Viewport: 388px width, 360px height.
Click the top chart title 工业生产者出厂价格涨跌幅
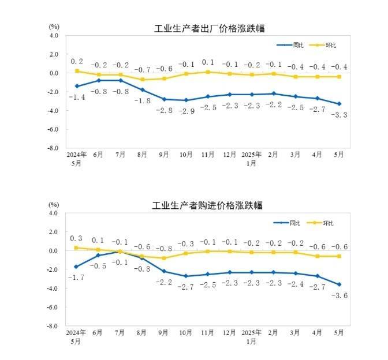coord(209,29)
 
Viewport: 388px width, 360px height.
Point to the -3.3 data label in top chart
coord(340,115)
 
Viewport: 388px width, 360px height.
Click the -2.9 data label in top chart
coord(186,110)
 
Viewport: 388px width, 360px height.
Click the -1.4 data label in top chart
coord(76,97)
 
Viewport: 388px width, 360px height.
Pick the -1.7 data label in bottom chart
coord(76,277)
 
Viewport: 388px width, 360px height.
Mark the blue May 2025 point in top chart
coord(339,104)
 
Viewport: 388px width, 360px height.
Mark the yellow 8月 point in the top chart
coord(143,80)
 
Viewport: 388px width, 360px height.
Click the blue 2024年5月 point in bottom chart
coord(76,267)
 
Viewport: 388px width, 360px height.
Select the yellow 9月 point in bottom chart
coord(164,258)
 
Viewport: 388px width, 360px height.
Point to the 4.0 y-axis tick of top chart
coord(55,35)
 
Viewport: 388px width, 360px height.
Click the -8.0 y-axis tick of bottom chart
coord(54,326)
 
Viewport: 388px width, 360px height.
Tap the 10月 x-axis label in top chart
coord(186,155)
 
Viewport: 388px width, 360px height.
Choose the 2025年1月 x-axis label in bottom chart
coord(252,337)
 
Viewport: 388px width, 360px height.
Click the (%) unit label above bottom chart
coord(54,204)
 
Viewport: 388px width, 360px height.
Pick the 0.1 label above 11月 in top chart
coord(208,62)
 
